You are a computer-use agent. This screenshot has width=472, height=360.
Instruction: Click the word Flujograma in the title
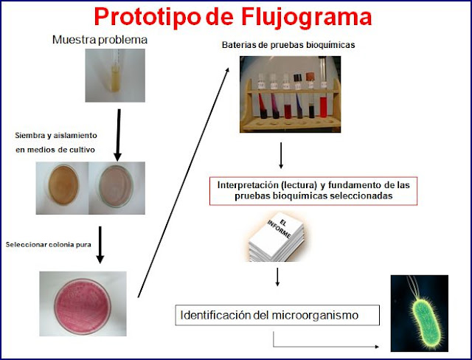[307, 17]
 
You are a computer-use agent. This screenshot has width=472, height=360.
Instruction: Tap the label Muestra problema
[100, 40]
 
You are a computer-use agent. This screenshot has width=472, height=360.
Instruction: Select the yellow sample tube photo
[115, 75]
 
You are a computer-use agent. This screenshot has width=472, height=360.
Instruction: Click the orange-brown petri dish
[63, 185]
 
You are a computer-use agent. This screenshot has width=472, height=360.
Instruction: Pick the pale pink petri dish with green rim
[116, 186]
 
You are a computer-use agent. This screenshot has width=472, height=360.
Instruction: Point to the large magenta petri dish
[82, 306]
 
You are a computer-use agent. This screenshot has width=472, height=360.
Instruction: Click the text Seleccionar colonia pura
[48, 244]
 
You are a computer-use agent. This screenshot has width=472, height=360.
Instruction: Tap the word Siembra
[29, 136]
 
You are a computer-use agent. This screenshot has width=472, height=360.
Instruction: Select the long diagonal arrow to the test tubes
[184, 182]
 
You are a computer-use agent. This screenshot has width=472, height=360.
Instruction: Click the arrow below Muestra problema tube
[118, 135]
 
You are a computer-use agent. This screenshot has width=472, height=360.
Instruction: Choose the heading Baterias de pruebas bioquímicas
[288, 45]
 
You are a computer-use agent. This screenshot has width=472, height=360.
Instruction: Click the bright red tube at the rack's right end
[323, 107]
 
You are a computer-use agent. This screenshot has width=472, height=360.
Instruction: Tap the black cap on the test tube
[298, 77]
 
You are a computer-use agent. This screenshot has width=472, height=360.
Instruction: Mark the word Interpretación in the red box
[243, 184]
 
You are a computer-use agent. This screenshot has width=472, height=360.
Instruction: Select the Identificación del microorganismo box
[277, 315]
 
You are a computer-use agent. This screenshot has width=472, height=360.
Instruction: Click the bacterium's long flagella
[414, 287]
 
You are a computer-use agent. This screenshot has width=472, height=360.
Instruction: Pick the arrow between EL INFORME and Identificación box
[277, 277]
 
